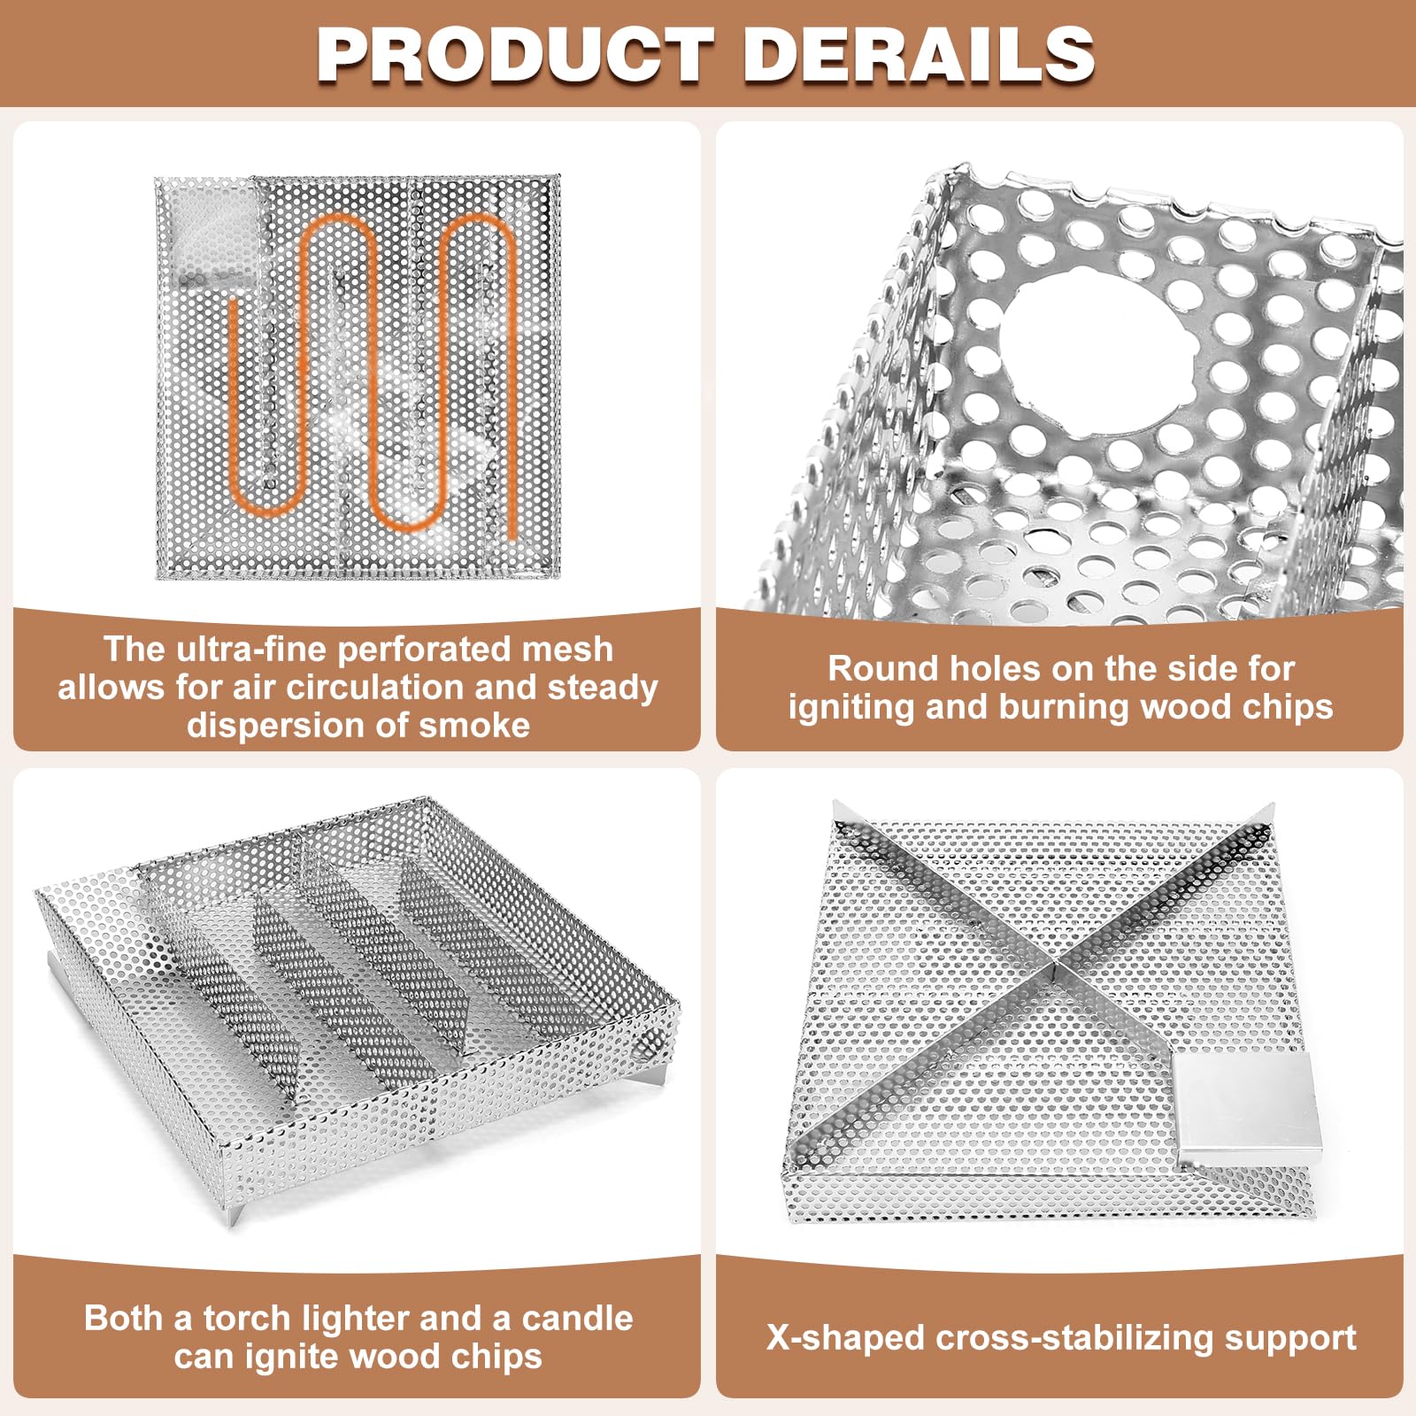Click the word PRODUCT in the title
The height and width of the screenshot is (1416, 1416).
pos(515,55)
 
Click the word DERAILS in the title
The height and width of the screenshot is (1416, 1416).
pos(920,55)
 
